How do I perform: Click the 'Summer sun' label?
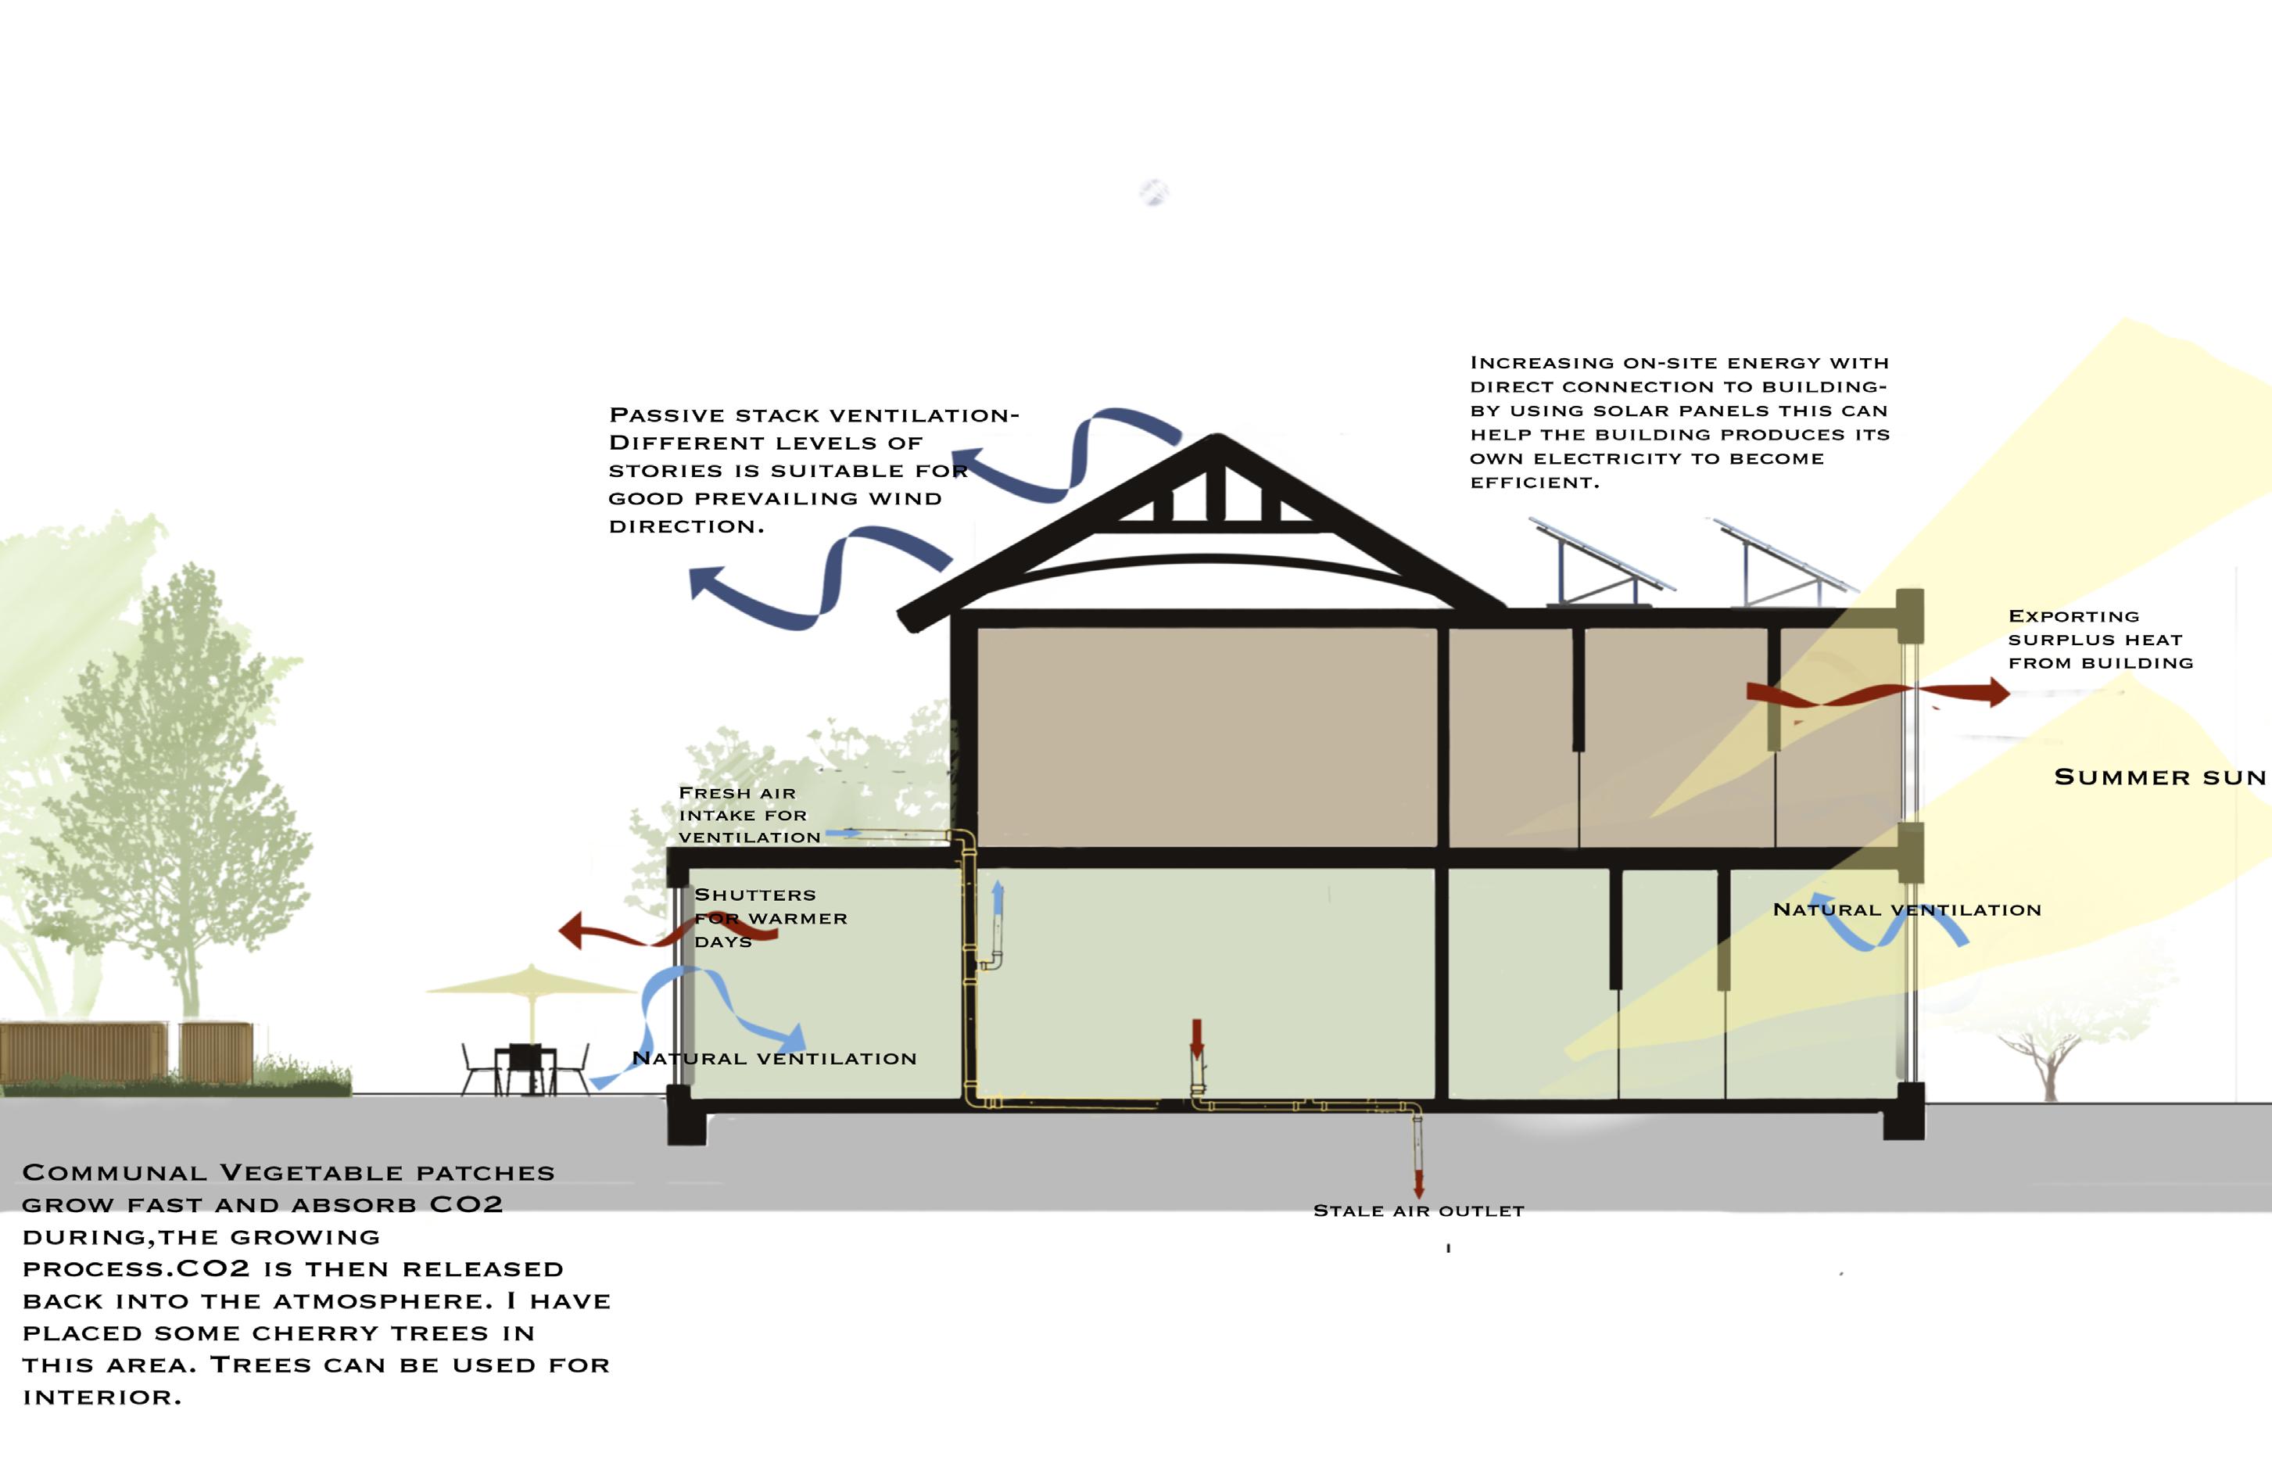[2159, 777]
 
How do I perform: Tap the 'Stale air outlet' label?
[1418, 1211]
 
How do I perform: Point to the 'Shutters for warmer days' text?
[769, 917]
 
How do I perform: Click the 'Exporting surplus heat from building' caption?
[2100, 640]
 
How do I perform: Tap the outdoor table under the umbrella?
[525, 1055]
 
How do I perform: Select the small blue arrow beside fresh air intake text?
[843, 834]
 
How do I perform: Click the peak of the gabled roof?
[1214, 439]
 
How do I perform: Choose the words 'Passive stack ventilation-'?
[813, 415]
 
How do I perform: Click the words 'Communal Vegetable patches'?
[288, 1172]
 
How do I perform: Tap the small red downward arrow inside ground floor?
[1197, 1039]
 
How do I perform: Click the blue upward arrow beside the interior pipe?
[998, 899]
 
